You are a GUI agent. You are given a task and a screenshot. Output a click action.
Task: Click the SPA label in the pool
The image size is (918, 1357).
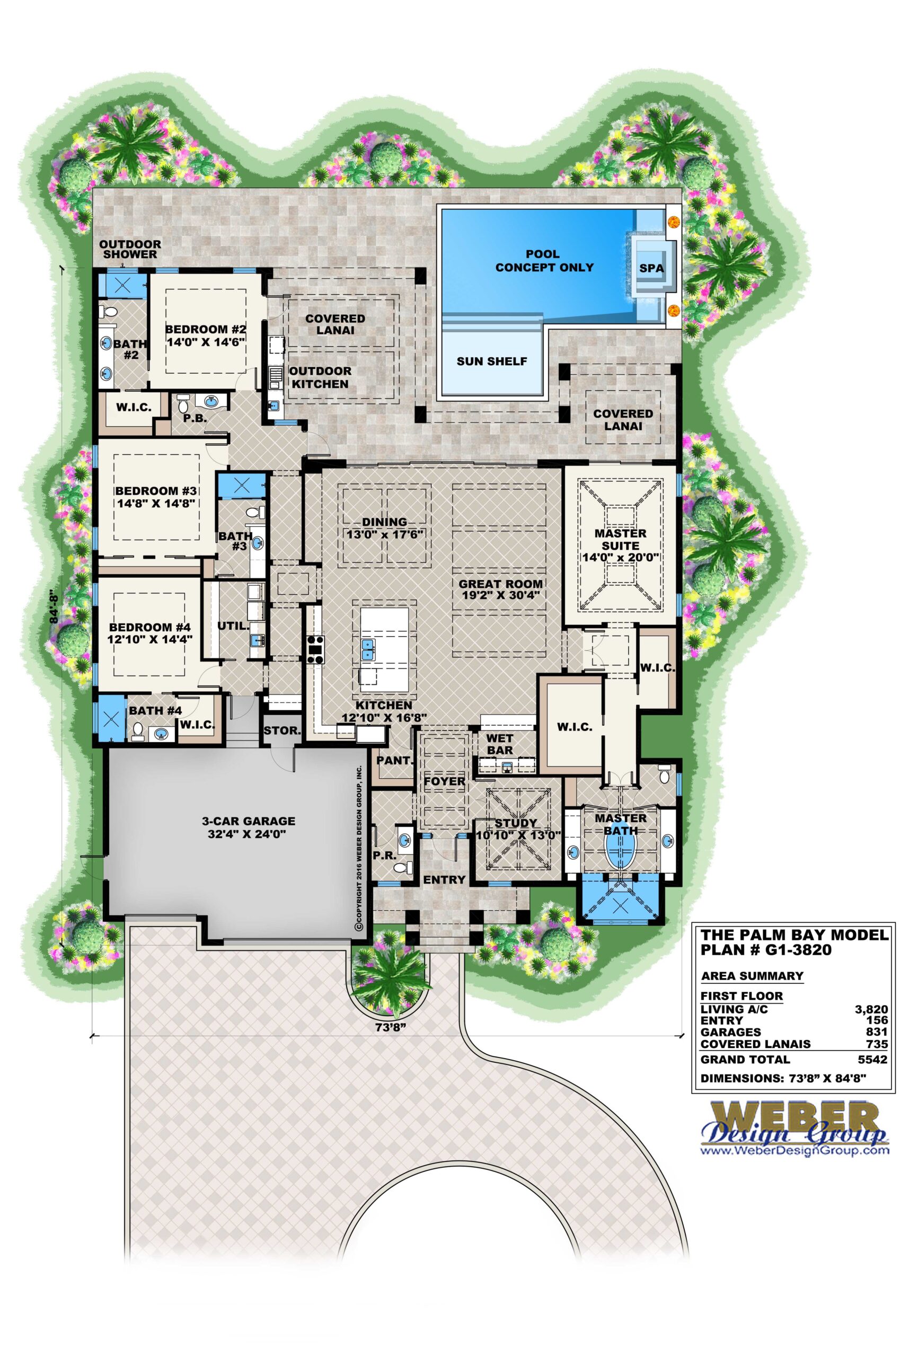(650, 268)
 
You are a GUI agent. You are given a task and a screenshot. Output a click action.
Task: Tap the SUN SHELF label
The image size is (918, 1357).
(492, 362)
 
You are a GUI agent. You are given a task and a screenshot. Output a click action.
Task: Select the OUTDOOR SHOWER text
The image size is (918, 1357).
(130, 249)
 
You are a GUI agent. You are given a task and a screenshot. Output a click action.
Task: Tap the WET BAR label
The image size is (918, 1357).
(499, 744)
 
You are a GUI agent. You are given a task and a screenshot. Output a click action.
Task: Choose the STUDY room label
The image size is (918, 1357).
(515, 823)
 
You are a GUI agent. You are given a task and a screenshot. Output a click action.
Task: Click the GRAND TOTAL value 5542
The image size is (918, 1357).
(873, 1060)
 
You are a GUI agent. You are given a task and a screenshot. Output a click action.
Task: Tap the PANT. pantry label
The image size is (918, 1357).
(395, 761)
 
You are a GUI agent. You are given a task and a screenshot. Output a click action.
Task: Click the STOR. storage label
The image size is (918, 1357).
(282, 730)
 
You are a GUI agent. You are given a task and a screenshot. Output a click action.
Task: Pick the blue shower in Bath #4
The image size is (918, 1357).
(111, 718)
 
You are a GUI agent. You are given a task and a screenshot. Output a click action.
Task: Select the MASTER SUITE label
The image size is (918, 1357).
(620, 539)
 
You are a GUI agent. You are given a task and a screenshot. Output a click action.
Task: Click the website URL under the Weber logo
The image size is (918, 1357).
(795, 1151)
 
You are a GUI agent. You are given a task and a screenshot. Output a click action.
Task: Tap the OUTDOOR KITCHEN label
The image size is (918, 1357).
(320, 377)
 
